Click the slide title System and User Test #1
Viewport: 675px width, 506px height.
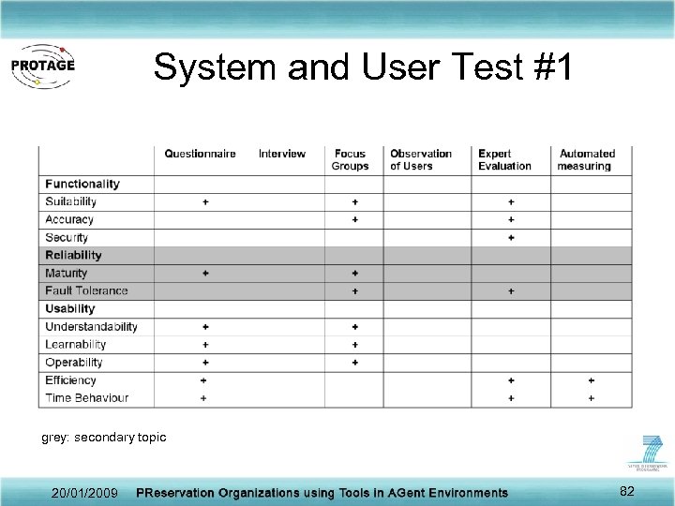tap(362, 67)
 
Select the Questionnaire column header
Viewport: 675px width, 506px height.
tap(200, 154)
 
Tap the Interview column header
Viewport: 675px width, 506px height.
tap(282, 154)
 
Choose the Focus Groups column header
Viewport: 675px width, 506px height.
tap(350, 160)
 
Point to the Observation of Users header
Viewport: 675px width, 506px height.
tap(421, 160)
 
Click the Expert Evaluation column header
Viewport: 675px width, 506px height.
tap(504, 160)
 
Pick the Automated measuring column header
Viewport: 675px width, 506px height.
tap(587, 160)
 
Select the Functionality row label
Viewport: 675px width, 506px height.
tap(82, 184)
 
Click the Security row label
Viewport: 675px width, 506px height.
tap(67, 237)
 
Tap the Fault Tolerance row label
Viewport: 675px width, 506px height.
tap(86, 290)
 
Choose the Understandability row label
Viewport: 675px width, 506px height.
tap(91, 327)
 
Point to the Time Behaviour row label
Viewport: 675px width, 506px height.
tap(86, 398)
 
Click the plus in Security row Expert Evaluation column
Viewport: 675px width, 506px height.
tap(511, 237)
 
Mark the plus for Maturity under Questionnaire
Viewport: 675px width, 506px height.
tap(205, 273)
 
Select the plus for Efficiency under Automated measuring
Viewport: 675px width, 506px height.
tap(591, 380)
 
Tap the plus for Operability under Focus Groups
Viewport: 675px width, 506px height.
tap(355, 363)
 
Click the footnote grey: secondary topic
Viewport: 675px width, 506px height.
tap(104, 438)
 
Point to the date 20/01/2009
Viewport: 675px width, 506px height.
tap(85, 493)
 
